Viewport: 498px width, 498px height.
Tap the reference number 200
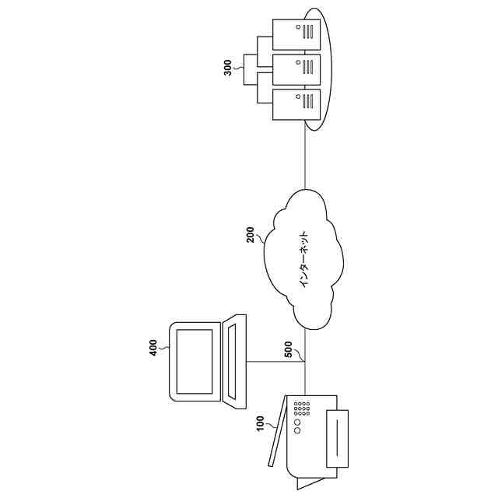click(251, 234)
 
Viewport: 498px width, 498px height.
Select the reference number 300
click(227, 68)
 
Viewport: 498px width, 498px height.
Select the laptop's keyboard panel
click(233, 360)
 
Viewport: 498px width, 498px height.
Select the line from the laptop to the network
click(276, 362)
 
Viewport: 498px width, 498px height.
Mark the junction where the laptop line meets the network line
click(304, 362)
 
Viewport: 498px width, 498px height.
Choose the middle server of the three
click(296, 67)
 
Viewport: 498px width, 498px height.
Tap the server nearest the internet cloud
click(296, 103)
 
